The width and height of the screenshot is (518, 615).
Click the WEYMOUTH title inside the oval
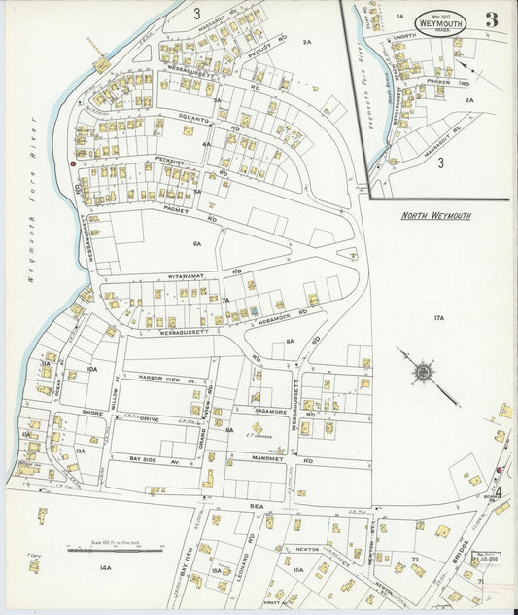point(440,23)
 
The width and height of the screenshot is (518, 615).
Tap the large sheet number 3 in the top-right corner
point(492,19)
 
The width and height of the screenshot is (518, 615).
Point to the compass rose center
point(423,371)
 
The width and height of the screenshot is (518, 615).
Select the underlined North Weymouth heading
point(436,215)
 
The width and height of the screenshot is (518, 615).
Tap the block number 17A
point(438,318)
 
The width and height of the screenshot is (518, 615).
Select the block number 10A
point(92,370)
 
